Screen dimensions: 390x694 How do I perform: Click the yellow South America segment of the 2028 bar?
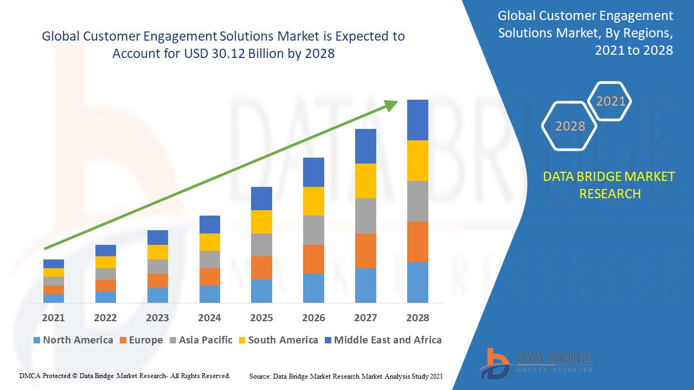click(x=417, y=160)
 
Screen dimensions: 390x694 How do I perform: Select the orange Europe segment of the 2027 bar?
click(x=365, y=250)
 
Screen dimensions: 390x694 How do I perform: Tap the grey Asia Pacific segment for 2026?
click(x=313, y=230)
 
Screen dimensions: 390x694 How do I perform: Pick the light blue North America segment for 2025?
click(x=261, y=291)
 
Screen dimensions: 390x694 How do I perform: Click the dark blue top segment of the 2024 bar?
click(x=210, y=224)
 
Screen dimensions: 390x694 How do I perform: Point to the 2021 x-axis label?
click(x=53, y=318)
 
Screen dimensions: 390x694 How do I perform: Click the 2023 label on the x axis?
click(x=157, y=318)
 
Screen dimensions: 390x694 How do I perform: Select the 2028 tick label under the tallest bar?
click(x=417, y=318)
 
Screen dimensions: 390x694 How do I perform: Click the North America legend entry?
click(x=73, y=340)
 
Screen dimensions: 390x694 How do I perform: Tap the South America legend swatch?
click(x=241, y=340)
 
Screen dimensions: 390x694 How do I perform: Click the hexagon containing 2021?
click(x=611, y=101)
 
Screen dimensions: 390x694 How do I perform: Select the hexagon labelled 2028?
click(x=570, y=126)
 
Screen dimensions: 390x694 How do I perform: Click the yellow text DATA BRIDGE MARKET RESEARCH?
click(x=609, y=185)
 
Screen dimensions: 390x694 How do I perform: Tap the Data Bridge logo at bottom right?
click(x=536, y=363)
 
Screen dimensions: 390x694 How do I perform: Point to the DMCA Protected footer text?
click(x=125, y=375)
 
